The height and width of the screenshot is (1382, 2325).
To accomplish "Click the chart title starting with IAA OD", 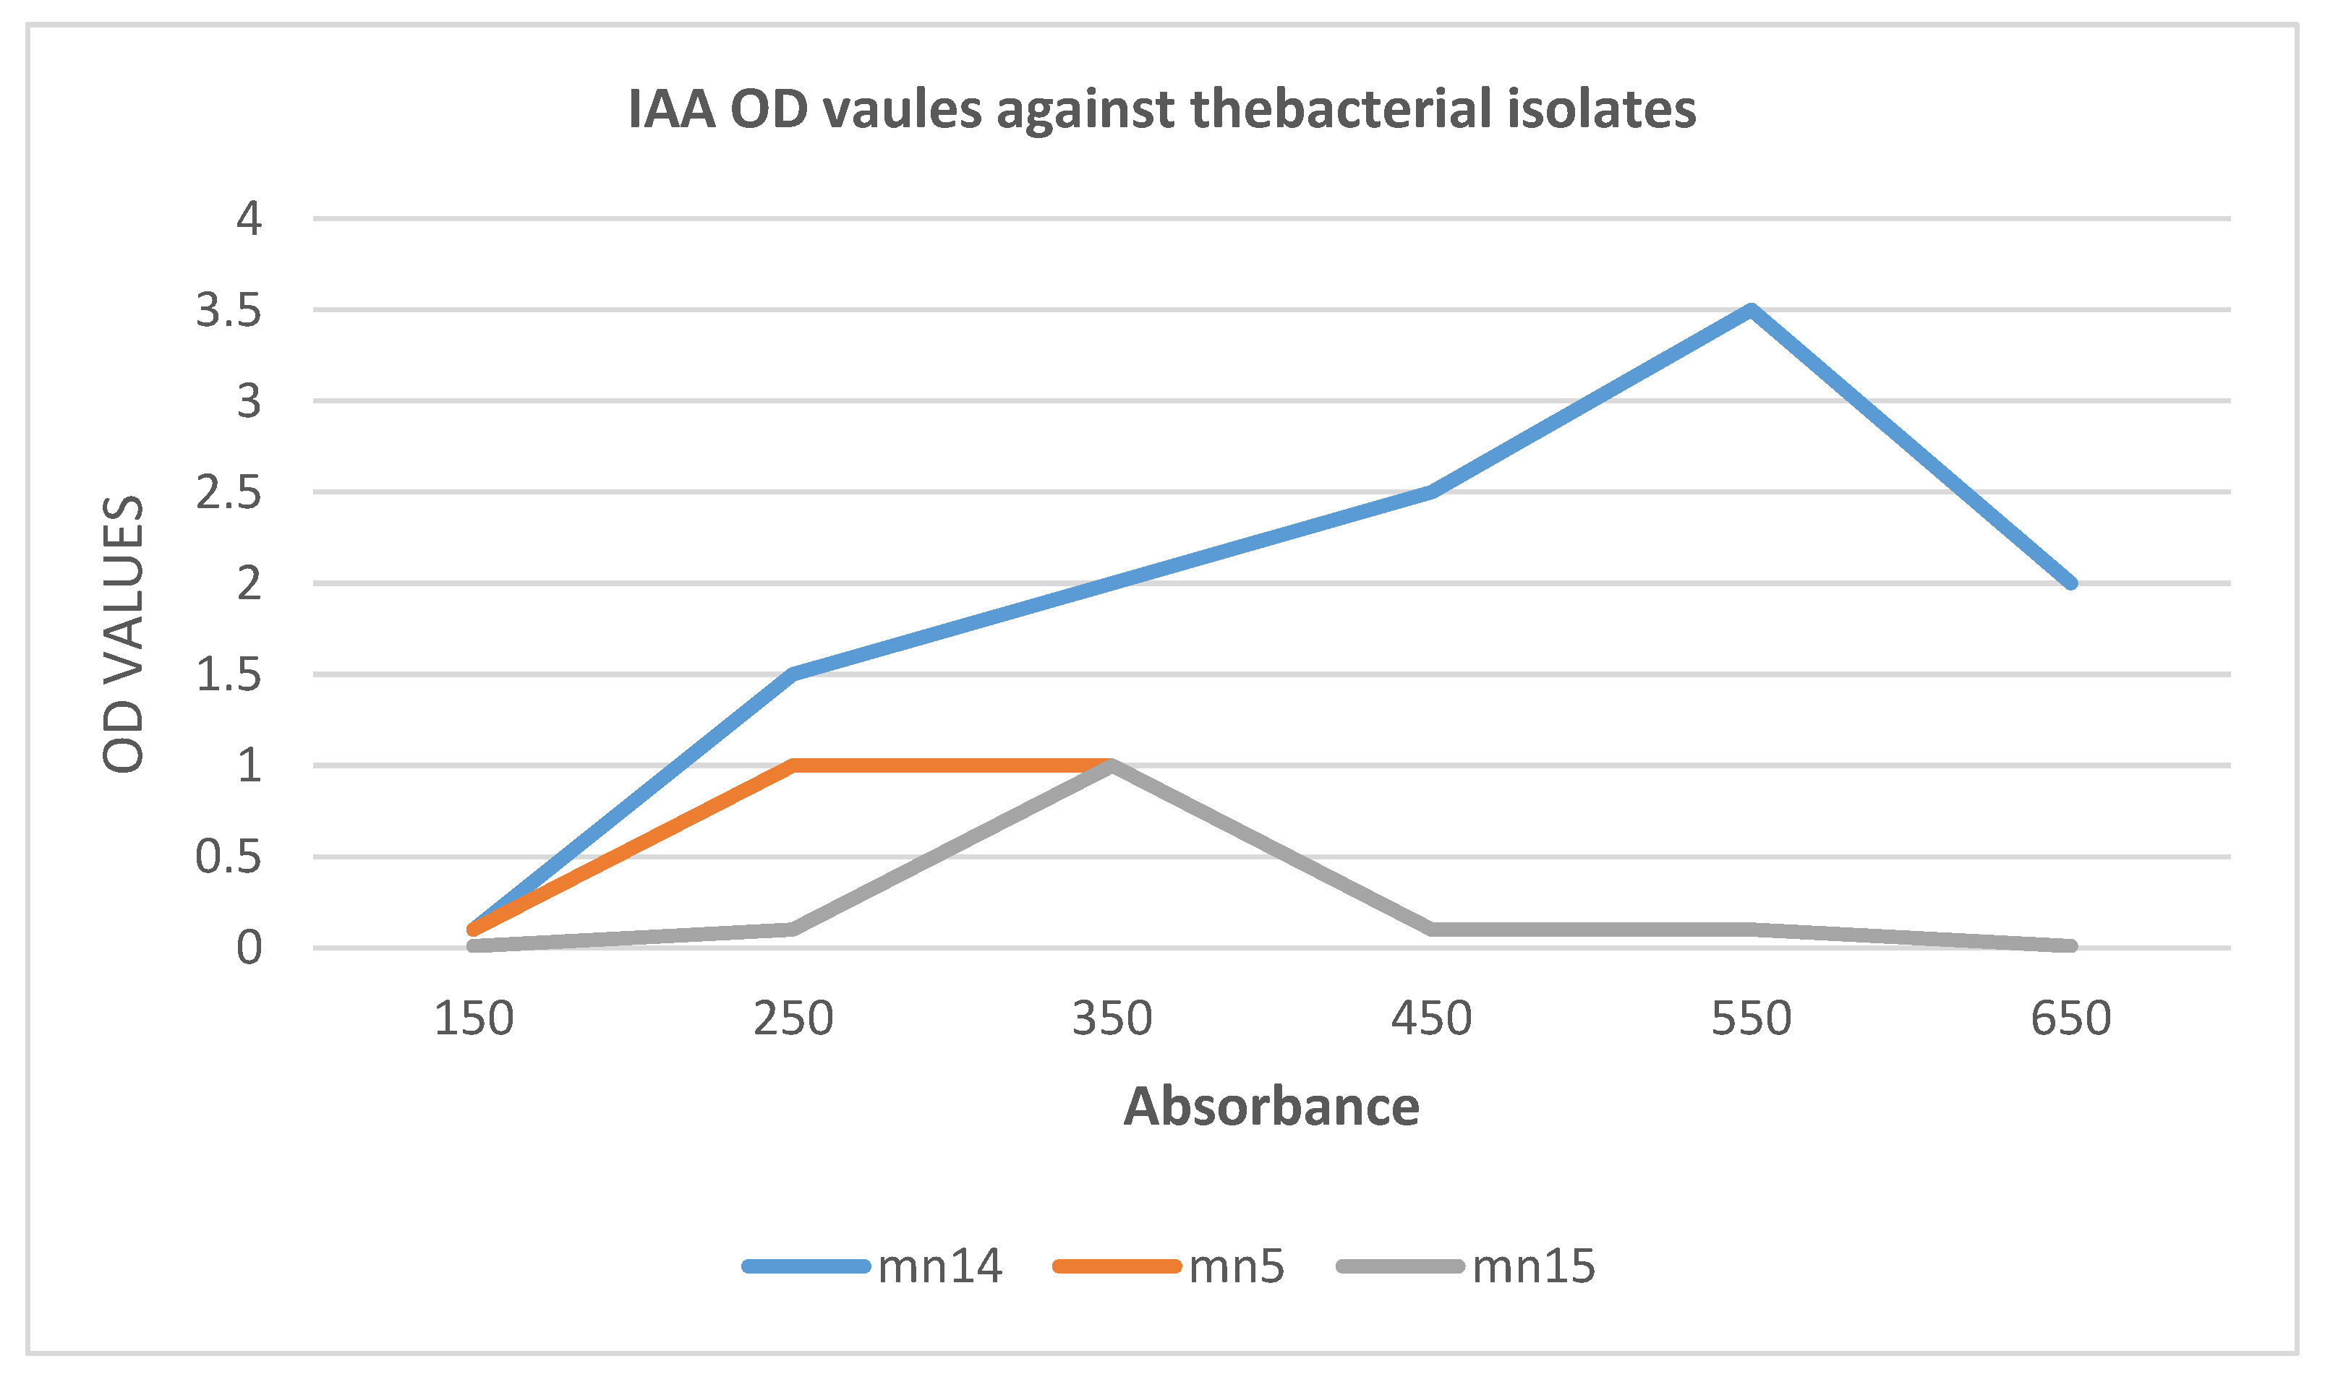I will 1161,109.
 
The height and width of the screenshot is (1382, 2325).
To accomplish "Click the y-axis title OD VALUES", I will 124,633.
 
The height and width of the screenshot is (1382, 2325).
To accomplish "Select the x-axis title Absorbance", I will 1271,1107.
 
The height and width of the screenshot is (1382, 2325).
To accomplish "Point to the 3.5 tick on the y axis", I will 229,310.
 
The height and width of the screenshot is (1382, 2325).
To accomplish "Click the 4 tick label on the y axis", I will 249,219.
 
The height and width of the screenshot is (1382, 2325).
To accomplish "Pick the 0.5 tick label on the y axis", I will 229,857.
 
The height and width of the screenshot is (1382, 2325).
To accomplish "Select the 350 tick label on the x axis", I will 1112,1019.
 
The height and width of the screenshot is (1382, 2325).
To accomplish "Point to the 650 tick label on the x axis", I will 2070,1019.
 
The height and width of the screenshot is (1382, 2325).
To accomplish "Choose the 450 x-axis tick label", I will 1432,1019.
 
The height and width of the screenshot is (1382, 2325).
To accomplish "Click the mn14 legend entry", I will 939,1266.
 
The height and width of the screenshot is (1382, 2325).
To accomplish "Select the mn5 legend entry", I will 1235,1266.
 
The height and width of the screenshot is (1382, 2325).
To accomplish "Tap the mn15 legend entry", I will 1533,1266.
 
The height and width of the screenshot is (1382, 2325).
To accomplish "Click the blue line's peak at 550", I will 1752,310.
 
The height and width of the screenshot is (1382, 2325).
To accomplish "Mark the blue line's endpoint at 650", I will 2070,583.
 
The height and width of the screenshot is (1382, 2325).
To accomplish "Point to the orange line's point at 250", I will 793,765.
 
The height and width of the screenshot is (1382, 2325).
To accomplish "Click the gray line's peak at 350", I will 1112,765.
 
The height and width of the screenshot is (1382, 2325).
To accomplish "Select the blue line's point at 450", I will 1432,492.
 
